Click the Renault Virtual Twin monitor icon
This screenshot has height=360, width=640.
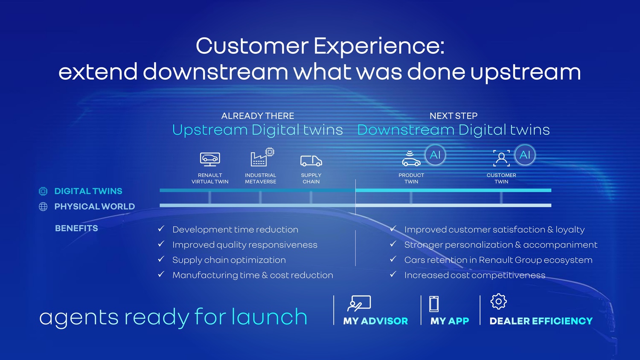point(210,159)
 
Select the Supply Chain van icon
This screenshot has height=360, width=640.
point(311,160)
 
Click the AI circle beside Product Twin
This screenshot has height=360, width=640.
point(435,155)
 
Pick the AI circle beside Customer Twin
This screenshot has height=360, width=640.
point(525,155)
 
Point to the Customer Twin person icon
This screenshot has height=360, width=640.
point(501,158)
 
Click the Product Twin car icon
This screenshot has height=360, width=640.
point(411,158)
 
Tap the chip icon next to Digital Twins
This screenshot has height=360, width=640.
point(43,191)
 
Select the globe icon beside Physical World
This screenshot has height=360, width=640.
point(43,206)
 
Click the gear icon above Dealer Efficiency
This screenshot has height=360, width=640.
point(499,302)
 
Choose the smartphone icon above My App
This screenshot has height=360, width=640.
point(434,304)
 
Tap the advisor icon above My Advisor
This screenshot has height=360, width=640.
point(359,303)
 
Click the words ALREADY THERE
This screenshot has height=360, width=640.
point(257,116)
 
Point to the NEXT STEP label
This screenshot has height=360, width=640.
point(454,116)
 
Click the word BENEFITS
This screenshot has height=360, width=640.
point(76,228)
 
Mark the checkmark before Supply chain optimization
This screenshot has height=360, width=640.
point(161,259)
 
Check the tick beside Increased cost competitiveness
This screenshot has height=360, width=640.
point(393,274)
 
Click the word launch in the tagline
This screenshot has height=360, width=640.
point(269,316)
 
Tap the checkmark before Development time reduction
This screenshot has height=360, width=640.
point(161,229)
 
